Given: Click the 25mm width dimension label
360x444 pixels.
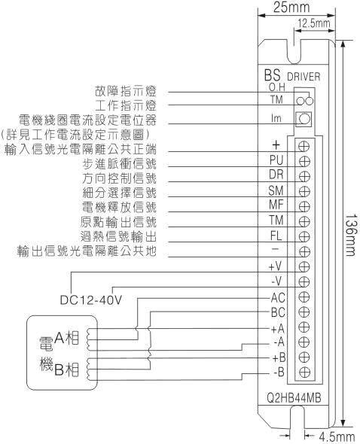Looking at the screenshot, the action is tap(291, 8).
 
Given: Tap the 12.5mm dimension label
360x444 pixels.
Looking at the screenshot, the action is tap(314, 23).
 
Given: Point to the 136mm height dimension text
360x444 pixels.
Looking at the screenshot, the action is tap(351, 235).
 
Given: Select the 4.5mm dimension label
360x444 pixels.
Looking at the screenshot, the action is tap(337, 437).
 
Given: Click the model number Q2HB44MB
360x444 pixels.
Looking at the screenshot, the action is tap(294, 398).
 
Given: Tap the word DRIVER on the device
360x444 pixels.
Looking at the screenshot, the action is tap(304, 77).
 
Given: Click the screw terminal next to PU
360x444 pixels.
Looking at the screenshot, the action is tap(304, 161).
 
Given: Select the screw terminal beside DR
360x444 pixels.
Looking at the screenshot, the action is tap(304, 176).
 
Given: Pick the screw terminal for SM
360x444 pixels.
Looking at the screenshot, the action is tap(304, 191).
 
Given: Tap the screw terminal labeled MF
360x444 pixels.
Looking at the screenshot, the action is tap(304, 206).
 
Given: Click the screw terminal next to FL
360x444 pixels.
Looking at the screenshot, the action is tap(304, 236).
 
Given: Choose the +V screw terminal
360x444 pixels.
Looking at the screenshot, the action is tap(304, 266).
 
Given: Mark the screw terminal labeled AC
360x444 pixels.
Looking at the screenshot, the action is tap(304, 297).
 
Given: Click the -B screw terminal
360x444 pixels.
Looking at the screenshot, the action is tap(304, 372).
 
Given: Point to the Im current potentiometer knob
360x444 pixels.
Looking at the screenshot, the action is tap(304, 119).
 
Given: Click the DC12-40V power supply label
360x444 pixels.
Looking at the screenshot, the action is tap(91, 300).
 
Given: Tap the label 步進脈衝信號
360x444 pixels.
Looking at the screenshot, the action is tap(119, 164).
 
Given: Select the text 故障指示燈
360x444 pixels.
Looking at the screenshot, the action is tap(126, 91).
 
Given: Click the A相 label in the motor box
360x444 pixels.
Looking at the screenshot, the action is tap(66, 338).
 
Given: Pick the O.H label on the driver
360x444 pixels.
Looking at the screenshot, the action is tap(276, 87).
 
